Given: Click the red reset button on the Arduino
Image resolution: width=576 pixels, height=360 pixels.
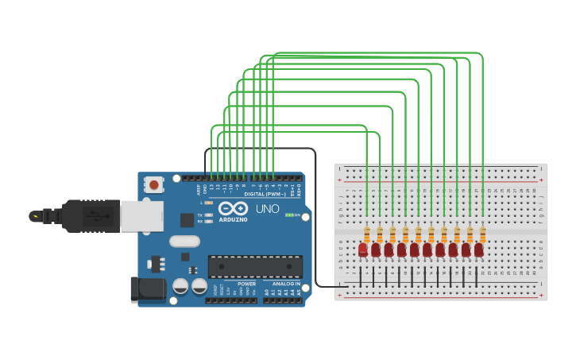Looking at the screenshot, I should click(x=153, y=185).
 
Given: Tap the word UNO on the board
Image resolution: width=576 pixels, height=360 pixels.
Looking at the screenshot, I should click(x=267, y=210).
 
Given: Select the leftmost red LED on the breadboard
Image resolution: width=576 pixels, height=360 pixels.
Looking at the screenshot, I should click(x=363, y=250).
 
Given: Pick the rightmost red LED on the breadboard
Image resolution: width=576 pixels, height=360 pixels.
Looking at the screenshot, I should click(x=479, y=250).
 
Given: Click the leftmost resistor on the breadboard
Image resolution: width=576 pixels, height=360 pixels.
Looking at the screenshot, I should click(x=366, y=234).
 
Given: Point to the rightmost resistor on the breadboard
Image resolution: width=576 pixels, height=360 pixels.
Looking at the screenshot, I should click(x=483, y=234).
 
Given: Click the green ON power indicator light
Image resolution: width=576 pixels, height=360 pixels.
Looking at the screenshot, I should click(x=288, y=215).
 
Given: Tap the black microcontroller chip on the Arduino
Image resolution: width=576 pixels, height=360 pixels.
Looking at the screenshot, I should click(x=254, y=267).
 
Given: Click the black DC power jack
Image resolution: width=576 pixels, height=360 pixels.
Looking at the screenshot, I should click(x=147, y=289).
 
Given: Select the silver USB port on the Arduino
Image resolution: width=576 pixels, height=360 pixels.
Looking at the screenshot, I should click(x=141, y=215).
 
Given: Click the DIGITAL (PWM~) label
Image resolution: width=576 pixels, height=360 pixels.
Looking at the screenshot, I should click(x=265, y=194).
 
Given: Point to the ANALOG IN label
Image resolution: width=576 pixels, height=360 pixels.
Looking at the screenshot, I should click(x=287, y=284).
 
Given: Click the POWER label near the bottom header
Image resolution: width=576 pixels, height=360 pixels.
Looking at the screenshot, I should click(x=246, y=284).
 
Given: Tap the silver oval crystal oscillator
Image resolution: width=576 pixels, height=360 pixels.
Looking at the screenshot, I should click(x=184, y=241).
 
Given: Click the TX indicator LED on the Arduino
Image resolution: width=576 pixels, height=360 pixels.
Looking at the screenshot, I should click(x=208, y=215).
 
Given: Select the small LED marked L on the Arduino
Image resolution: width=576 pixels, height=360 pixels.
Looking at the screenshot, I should click(x=208, y=203).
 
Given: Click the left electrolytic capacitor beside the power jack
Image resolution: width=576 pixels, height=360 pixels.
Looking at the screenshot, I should click(x=180, y=285).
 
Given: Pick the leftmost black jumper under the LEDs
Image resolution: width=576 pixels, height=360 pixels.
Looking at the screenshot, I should click(x=361, y=277).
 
